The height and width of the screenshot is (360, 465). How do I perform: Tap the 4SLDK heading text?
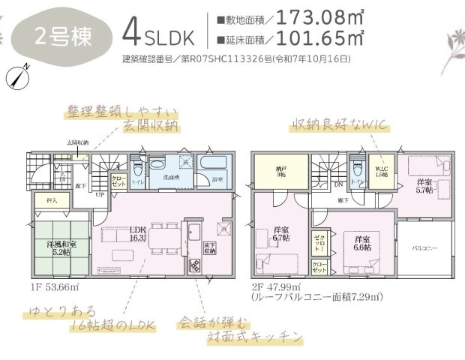coord(161,34)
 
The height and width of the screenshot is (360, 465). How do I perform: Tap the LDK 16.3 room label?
coord(137,234)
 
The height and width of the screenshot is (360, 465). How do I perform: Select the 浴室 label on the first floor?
coord(217,179)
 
